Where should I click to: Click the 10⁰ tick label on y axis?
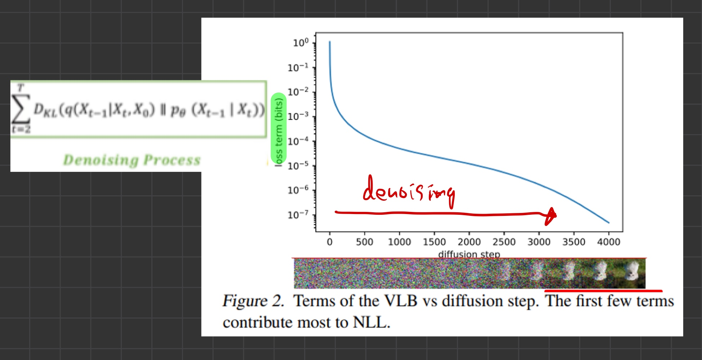click(301, 43)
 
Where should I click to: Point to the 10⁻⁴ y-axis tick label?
click(298, 141)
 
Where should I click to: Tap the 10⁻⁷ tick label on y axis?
click(298, 215)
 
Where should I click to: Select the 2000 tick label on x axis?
click(469, 242)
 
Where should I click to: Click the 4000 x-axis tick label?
click(608, 242)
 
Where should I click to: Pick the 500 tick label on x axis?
click(364, 242)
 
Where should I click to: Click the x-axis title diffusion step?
click(469, 254)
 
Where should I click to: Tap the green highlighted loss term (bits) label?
click(279, 128)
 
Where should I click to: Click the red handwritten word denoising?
click(409, 191)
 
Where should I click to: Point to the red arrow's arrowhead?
click(551, 216)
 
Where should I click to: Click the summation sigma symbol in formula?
click(20, 108)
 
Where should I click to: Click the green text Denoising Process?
click(132, 160)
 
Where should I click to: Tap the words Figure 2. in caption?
click(253, 301)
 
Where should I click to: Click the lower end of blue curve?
click(608, 222)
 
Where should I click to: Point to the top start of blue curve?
click(329, 42)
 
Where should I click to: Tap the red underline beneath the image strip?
click(603, 290)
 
